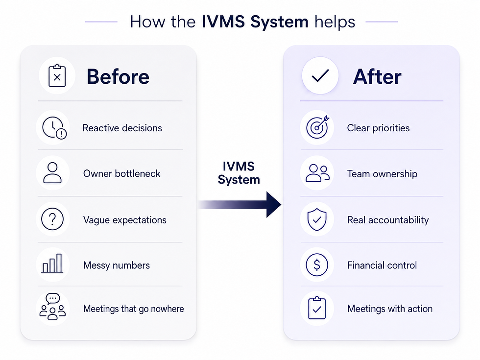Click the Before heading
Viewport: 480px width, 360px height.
tap(118, 76)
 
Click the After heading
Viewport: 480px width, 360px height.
tap(377, 76)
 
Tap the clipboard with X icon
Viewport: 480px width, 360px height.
tap(57, 75)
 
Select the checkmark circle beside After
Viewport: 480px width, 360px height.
tap(320, 75)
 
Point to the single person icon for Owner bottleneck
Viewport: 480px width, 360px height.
tap(52, 173)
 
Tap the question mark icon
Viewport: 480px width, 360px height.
tap(52, 219)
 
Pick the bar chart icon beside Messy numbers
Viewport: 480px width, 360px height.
tap(52, 264)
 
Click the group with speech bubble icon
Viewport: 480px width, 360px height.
tap(53, 307)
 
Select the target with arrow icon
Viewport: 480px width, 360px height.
tap(317, 127)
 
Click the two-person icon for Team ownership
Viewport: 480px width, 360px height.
tap(317, 173)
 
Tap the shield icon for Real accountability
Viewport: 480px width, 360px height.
tap(317, 219)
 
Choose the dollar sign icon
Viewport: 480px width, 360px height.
tap(317, 265)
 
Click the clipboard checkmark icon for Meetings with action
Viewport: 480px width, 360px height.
tap(317, 308)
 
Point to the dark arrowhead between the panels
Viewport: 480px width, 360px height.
tap(274, 205)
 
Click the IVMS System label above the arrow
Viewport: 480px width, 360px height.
tap(239, 173)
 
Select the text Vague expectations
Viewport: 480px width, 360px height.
tap(125, 220)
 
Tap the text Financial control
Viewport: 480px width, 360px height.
tap(382, 265)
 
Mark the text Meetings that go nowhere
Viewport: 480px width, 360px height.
tap(133, 309)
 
